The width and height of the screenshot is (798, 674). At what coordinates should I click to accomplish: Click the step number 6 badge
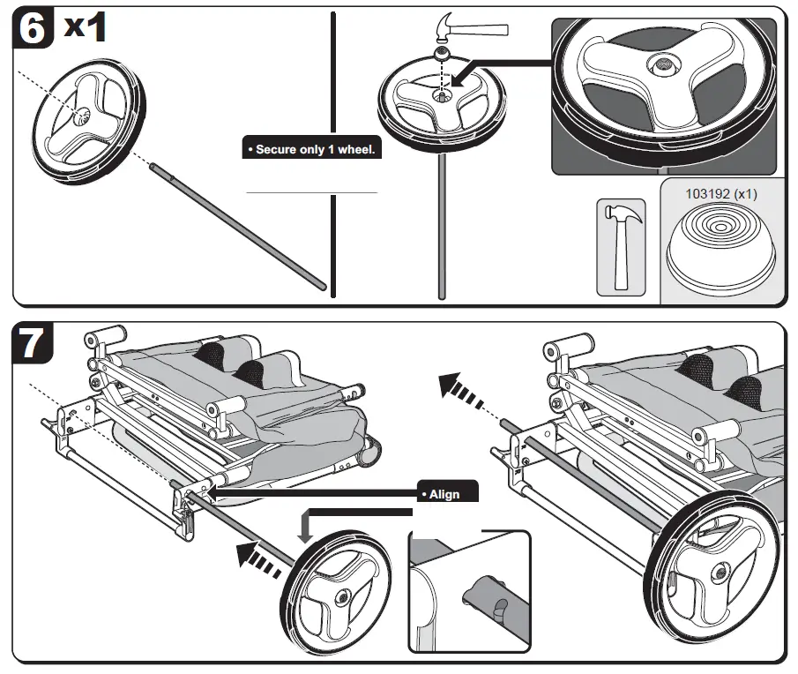pos(33,28)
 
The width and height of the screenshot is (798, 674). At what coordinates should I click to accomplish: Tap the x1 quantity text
pos(86,26)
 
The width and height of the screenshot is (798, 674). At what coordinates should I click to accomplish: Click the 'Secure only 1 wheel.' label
pos(312,149)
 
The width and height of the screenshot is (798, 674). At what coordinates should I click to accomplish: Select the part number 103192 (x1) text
pos(721,193)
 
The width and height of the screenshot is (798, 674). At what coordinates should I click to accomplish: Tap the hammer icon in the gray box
pos(622,244)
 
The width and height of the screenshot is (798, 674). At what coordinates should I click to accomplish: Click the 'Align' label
pos(445,493)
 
